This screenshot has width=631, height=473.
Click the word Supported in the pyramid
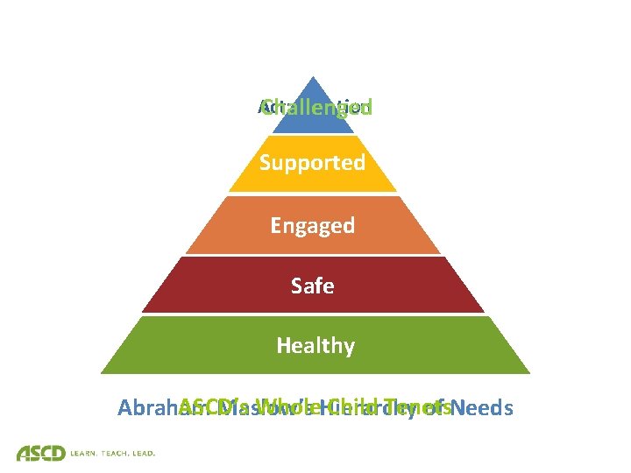[312, 163]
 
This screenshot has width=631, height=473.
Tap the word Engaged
[312, 226]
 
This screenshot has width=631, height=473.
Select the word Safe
[312, 286]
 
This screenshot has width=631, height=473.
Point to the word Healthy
[315, 346]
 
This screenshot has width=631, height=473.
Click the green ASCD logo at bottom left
[40, 453]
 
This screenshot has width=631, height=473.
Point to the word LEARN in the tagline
[87, 454]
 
